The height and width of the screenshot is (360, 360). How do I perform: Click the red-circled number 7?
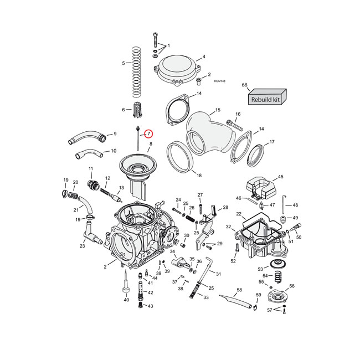pos(149,133)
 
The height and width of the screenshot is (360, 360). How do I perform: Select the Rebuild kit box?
pos(266,99)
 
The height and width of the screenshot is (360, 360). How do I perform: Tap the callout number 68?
pos(244,85)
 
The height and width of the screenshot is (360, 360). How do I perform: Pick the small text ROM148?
pos(219,81)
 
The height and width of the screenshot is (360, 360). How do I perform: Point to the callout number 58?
pos(239,290)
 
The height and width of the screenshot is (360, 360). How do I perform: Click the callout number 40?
pos(126,300)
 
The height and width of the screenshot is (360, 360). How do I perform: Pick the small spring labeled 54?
pos(279,275)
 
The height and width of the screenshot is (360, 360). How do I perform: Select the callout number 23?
pos(82,246)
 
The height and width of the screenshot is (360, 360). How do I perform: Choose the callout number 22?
pos(239,214)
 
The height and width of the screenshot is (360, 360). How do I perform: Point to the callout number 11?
pos(91,168)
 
